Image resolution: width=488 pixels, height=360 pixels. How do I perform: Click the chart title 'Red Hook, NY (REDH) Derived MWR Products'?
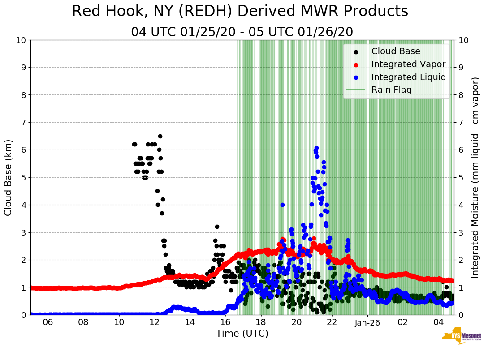(x=240, y=11)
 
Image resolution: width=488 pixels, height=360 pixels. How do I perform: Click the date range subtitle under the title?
(x=242, y=32)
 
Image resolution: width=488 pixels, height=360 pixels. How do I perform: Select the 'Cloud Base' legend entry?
(x=396, y=51)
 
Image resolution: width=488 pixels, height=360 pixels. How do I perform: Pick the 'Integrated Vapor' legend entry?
(x=408, y=64)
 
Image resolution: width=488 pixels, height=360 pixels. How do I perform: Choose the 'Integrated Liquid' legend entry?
(x=408, y=77)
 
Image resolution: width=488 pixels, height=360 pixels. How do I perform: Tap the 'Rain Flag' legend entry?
(x=391, y=90)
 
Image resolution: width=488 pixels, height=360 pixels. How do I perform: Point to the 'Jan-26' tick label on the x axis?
(x=367, y=322)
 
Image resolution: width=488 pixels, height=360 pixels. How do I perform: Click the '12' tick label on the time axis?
(x=155, y=322)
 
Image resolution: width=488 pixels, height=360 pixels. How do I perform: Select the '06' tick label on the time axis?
(x=48, y=322)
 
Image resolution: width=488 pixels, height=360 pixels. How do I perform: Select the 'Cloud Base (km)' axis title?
(x=9, y=177)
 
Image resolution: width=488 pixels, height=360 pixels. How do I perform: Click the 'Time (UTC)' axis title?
(x=242, y=334)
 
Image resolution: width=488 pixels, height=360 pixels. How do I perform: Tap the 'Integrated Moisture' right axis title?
(x=475, y=177)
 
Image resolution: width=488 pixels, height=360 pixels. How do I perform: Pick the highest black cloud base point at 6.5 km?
(x=160, y=136)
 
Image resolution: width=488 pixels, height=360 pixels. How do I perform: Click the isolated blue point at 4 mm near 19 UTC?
(x=282, y=205)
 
